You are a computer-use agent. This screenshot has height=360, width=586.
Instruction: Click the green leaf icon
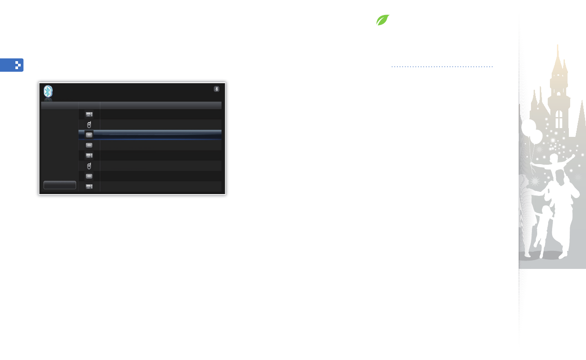(x=383, y=20)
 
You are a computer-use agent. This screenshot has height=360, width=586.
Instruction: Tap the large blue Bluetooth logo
(x=48, y=92)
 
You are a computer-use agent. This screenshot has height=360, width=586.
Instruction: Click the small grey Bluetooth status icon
(x=216, y=89)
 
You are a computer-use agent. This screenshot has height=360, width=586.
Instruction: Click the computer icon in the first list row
(x=89, y=114)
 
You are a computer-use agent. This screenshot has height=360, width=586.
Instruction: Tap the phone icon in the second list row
(x=89, y=125)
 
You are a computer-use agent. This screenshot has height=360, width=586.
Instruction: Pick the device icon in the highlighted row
(x=89, y=135)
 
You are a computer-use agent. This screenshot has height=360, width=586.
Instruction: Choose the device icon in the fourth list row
(x=89, y=145)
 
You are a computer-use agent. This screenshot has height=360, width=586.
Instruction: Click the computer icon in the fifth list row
(x=89, y=155)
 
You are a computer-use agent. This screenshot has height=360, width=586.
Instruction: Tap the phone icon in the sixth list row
(x=89, y=166)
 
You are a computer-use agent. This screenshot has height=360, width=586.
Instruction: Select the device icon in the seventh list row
(x=89, y=176)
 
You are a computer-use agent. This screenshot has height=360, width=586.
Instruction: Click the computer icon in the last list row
(x=89, y=187)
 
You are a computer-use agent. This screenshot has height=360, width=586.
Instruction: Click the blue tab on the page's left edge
(x=12, y=65)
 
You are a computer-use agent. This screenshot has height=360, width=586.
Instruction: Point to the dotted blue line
(x=442, y=67)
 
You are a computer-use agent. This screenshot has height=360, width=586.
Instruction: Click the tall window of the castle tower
(x=559, y=119)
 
